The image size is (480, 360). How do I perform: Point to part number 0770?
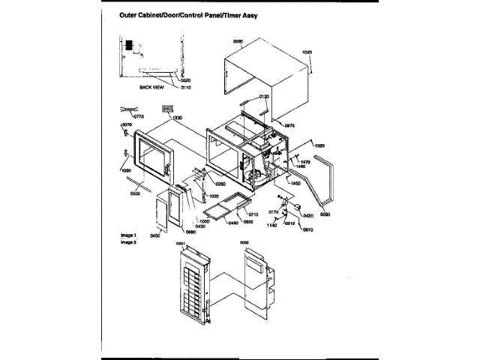138,118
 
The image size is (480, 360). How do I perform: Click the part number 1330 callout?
177,118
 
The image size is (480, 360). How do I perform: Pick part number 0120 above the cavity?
264,97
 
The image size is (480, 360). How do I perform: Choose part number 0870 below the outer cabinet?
288,126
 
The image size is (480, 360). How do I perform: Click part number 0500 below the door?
135,194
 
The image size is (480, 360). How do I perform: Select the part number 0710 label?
253,214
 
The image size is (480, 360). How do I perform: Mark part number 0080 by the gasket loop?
325,215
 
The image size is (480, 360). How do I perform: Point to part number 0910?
307,229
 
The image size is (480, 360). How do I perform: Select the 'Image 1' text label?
129,235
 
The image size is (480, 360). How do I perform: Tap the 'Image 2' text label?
129,242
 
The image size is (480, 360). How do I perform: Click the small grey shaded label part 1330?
168,109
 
